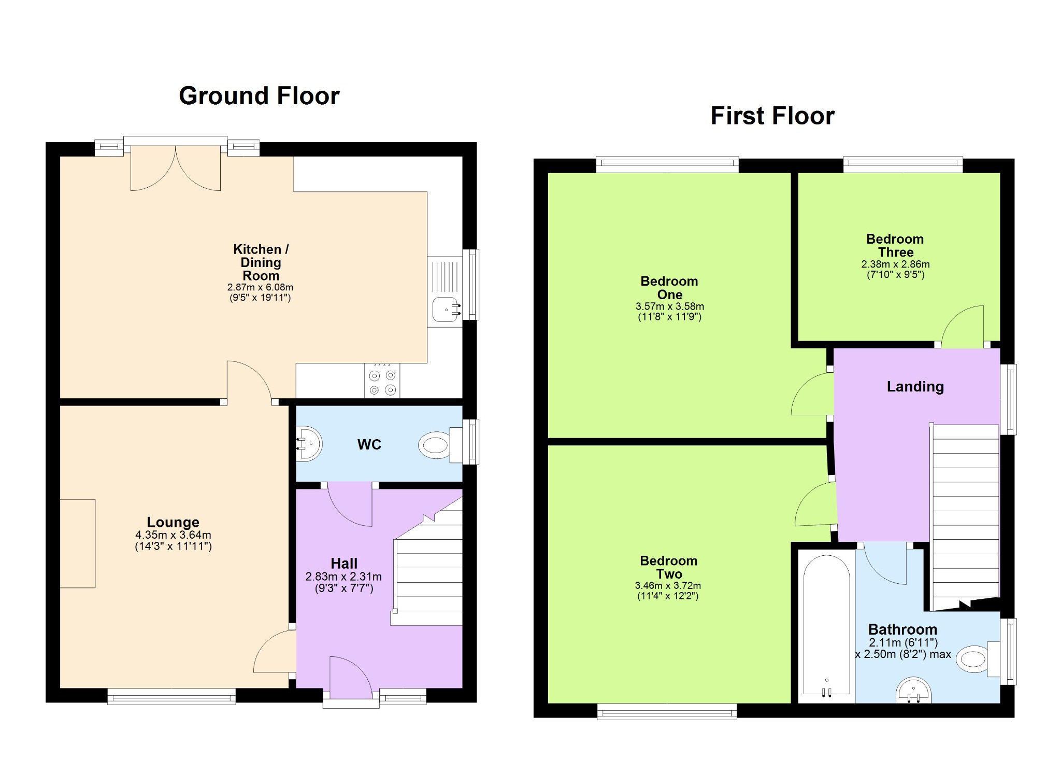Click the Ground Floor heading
(259, 96)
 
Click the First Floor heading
(772, 116)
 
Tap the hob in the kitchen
(382, 381)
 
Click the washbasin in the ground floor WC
(309, 444)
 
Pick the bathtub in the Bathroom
(826, 626)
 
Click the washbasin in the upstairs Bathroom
(914, 690)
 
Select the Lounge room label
(173, 522)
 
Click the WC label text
(369, 444)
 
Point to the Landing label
(915, 387)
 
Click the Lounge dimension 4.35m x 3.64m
(173, 535)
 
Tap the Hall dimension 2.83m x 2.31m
(343, 577)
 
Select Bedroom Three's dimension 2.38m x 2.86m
(895, 264)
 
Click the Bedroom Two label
(669, 567)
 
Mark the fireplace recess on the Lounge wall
(78, 543)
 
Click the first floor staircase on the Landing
(965, 517)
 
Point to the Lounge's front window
(171, 696)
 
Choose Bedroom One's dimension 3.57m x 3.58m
(669, 306)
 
